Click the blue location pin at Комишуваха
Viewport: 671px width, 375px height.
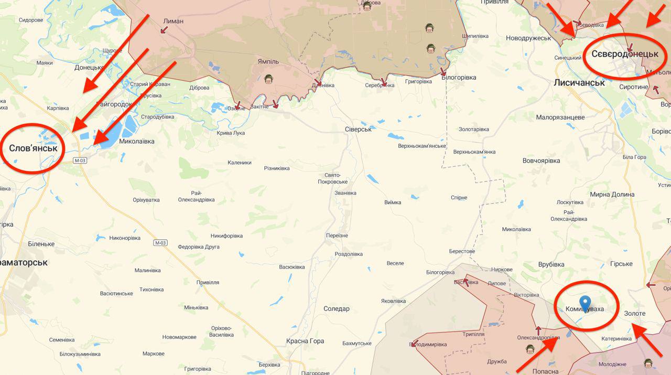pos(585,303)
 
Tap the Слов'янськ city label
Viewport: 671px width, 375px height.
pos(33,148)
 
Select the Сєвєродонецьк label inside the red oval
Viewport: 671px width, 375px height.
pos(625,54)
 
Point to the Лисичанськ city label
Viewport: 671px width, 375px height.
pos(579,82)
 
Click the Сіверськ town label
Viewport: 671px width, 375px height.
pos(358,129)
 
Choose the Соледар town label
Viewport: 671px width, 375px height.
pos(336,308)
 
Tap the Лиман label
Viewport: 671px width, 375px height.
pos(174,21)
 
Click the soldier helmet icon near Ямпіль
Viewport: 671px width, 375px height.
pos(269,79)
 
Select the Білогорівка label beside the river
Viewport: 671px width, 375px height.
pos(459,78)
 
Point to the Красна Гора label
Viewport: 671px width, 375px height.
pos(305,341)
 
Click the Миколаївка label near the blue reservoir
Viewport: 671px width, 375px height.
pos(137,142)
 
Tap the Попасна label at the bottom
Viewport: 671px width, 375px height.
pos(546,371)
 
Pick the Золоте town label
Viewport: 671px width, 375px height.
pos(634,313)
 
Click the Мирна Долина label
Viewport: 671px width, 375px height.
pos(612,195)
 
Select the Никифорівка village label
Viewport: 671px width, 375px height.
pos(228,235)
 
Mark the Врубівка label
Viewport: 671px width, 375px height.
pos(550,264)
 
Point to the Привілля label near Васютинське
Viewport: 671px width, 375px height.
pos(208,282)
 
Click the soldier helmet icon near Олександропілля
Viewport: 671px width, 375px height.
pos(530,349)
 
